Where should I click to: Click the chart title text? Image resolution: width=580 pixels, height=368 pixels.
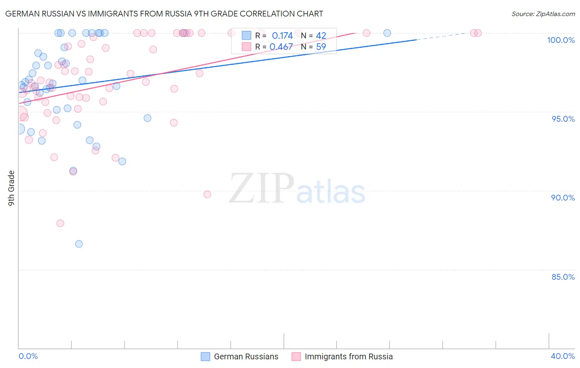pos(164,14)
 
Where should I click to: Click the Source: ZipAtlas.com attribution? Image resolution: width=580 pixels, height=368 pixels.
pos(543,14)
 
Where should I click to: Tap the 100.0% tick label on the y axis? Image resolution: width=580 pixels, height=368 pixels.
pos(561,40)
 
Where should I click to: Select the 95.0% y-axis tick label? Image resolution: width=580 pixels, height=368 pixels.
pos(563,119)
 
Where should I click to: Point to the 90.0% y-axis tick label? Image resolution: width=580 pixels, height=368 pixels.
pos(563,198)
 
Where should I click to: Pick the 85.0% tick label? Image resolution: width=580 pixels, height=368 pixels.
pos(563,277)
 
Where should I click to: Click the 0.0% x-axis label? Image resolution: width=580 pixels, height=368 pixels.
pos(28,356)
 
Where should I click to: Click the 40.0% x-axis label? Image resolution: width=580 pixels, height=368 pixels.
pos(563,356)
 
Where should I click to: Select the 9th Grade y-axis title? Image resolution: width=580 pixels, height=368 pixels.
pos(11,188)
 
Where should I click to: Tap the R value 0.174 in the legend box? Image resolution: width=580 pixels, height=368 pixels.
pos(282,35)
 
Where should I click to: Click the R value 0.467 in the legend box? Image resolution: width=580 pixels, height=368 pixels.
pos(281,47)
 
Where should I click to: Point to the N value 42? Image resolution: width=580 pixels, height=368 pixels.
pos(321,35)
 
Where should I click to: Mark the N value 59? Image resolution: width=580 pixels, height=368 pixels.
pos(321,47)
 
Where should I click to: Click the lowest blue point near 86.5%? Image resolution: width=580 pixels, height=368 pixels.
pos(79,244)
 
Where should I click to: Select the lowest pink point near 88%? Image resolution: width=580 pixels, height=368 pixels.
pos(60,223)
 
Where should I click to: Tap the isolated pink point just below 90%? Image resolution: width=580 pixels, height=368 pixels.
pos(207,194)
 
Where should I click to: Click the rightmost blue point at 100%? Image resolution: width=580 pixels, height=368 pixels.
pos(387,33)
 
